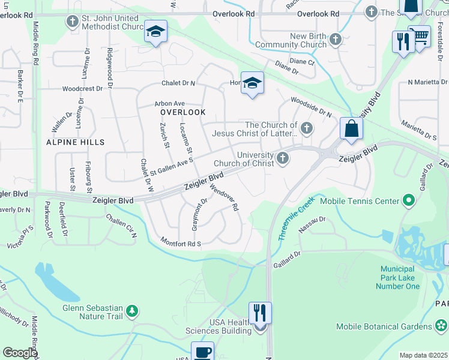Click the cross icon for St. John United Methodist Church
[73, 22]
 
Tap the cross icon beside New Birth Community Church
[335, 40]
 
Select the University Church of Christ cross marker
[283, 158]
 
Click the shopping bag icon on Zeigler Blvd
[351, 128]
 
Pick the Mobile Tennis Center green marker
[410, 200]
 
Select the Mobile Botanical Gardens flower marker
[442, 326]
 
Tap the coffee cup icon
[202, 352]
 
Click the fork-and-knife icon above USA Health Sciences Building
[260, 313]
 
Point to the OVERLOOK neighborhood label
[183, 112]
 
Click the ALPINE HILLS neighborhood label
[76, 142]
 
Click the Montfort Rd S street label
[180, 242]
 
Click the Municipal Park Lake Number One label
[397, 278]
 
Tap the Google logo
[20, 353]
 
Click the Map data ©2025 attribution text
[423, 355]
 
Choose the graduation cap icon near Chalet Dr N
[252, 83]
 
